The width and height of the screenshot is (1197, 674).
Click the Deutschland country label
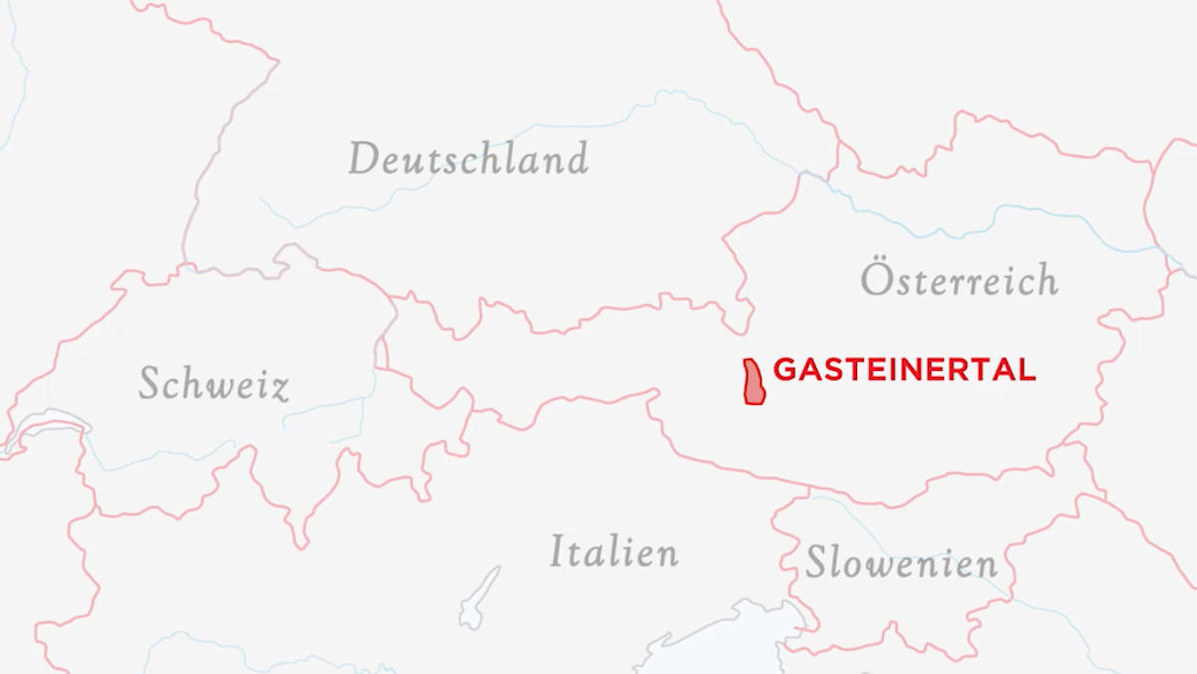(x=468, y=159)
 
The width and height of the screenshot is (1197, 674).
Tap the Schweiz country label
(x=213, y=384)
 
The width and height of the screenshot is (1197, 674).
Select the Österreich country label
(x=959, y=280)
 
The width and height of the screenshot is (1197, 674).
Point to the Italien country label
(x=614, y=551)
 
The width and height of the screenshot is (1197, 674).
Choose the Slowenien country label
(x=901, y=563)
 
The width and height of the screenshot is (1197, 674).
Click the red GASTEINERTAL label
(x=904, y=370)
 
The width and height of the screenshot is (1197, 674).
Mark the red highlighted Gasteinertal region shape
(x=753, y=383)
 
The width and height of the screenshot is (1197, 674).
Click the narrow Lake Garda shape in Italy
(x=479, y=598)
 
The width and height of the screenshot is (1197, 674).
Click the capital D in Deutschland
(x=365, y=159)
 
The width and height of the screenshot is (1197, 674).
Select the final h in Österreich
(x=1046, y=280)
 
